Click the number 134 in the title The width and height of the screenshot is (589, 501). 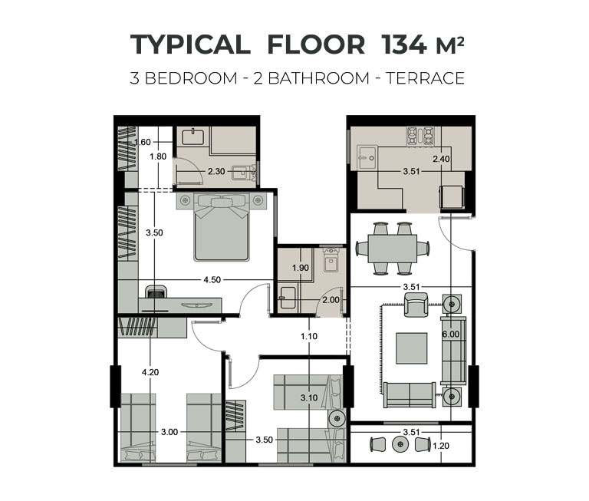[404, 44]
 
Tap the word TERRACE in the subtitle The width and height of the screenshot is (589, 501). [425, 78]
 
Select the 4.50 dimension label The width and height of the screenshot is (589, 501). [212, 279]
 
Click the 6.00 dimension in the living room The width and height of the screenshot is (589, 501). [451, 334]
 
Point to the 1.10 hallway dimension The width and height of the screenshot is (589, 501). [309, 336]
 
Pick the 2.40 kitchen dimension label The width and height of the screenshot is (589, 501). [441, 159]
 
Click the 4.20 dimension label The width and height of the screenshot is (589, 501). [150, 372]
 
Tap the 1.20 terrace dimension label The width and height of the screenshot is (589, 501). [441, 446]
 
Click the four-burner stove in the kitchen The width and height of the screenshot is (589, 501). [420, 136]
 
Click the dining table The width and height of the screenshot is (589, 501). [392, 249]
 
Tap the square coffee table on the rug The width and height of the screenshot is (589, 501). [411, 348]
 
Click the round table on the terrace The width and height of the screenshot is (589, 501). [400, 445]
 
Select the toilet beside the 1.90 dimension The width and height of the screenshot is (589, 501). [331, 259]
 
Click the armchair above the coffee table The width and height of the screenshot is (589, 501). [416, 305]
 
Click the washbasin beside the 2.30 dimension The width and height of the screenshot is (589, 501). [244, 173]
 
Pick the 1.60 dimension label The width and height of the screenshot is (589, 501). [143, 142]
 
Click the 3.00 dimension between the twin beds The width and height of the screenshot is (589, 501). [169, 432]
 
